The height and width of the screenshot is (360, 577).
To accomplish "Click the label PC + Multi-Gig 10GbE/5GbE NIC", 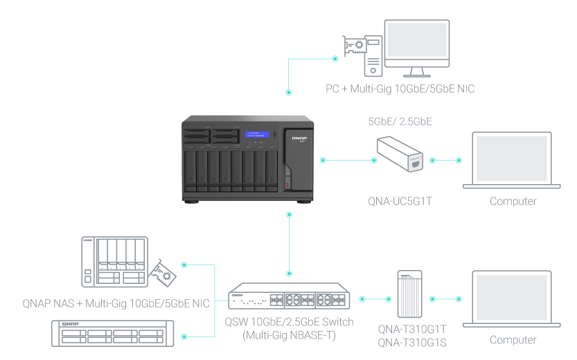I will pos(400,89).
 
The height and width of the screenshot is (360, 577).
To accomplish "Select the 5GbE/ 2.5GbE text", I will pos(400,121).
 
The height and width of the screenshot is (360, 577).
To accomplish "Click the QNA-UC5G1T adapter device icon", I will pos(400,154).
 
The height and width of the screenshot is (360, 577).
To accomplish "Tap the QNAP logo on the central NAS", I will pos(299,138).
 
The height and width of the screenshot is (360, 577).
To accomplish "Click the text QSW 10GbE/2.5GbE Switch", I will pos(289,322).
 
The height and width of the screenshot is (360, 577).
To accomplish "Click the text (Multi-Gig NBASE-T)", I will pos(289,335).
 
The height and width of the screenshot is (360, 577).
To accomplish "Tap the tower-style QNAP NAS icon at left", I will pos(114,262).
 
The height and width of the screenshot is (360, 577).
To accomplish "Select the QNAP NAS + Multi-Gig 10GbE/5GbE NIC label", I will pos(116,303).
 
